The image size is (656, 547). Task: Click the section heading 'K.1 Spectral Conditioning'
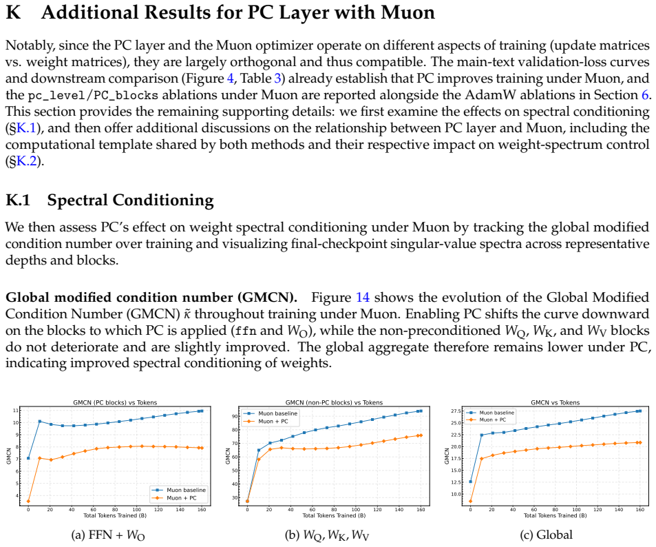coord(109,200)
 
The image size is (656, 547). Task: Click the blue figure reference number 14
coord(363,298)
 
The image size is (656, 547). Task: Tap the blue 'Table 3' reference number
coord(277,79)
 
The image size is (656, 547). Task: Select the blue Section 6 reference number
coord(645,95)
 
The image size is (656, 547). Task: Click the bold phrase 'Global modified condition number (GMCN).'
coord(151,298)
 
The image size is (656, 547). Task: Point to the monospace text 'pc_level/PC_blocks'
coord(93,96)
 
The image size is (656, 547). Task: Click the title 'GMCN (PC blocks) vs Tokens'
coord(115,402)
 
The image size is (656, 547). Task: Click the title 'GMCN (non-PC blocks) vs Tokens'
coord(334,402)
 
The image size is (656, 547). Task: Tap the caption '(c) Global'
coord(546,535)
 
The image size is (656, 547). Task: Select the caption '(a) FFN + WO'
coord(108,535)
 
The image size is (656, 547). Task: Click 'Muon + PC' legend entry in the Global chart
coord(492,420)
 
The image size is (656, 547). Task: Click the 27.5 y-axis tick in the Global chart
coord(456,411)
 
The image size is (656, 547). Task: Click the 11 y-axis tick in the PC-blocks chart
coord(16,411)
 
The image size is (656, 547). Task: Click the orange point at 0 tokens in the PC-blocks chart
coord(28,502)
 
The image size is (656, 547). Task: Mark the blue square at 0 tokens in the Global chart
coord(471,482)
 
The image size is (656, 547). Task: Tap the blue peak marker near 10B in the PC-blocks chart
coord(40,422)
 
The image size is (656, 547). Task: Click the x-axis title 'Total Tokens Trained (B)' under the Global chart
coord(556,515)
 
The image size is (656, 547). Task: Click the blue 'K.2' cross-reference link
coord(26,161)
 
